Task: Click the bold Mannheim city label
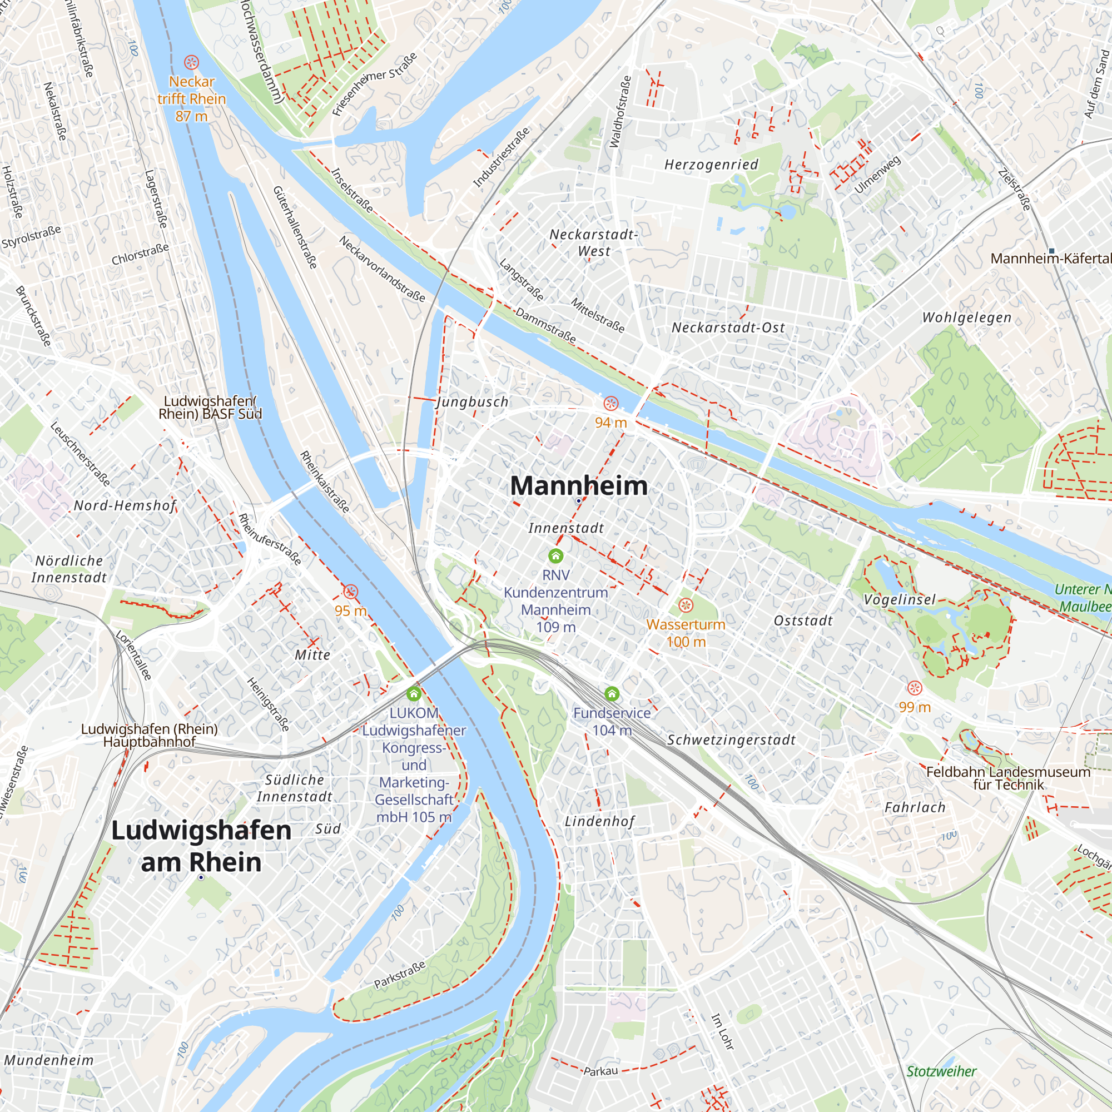click(578, 486)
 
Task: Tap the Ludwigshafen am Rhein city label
click(201, 846)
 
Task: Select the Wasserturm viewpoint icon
click(686, 605)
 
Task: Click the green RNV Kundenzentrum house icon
click(555, 555)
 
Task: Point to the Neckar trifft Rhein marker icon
click(191, 62)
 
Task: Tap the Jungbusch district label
click(473, 402)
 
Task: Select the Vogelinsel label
click(900, 600)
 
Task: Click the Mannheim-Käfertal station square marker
click(1051, 251)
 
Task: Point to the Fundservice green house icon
click(612, 693)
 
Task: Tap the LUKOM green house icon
click(413, 693)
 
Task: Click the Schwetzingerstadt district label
click(731, 740)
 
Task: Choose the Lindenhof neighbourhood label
click(599, 821)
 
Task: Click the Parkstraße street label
click(399, 975)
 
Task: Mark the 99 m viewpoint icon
click(915, 688)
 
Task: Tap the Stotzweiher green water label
click(941, 1071)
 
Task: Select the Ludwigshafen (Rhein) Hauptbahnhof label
click(149, 735)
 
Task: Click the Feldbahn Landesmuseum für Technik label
click(1008, 778)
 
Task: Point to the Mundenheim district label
click(48, 1060)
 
